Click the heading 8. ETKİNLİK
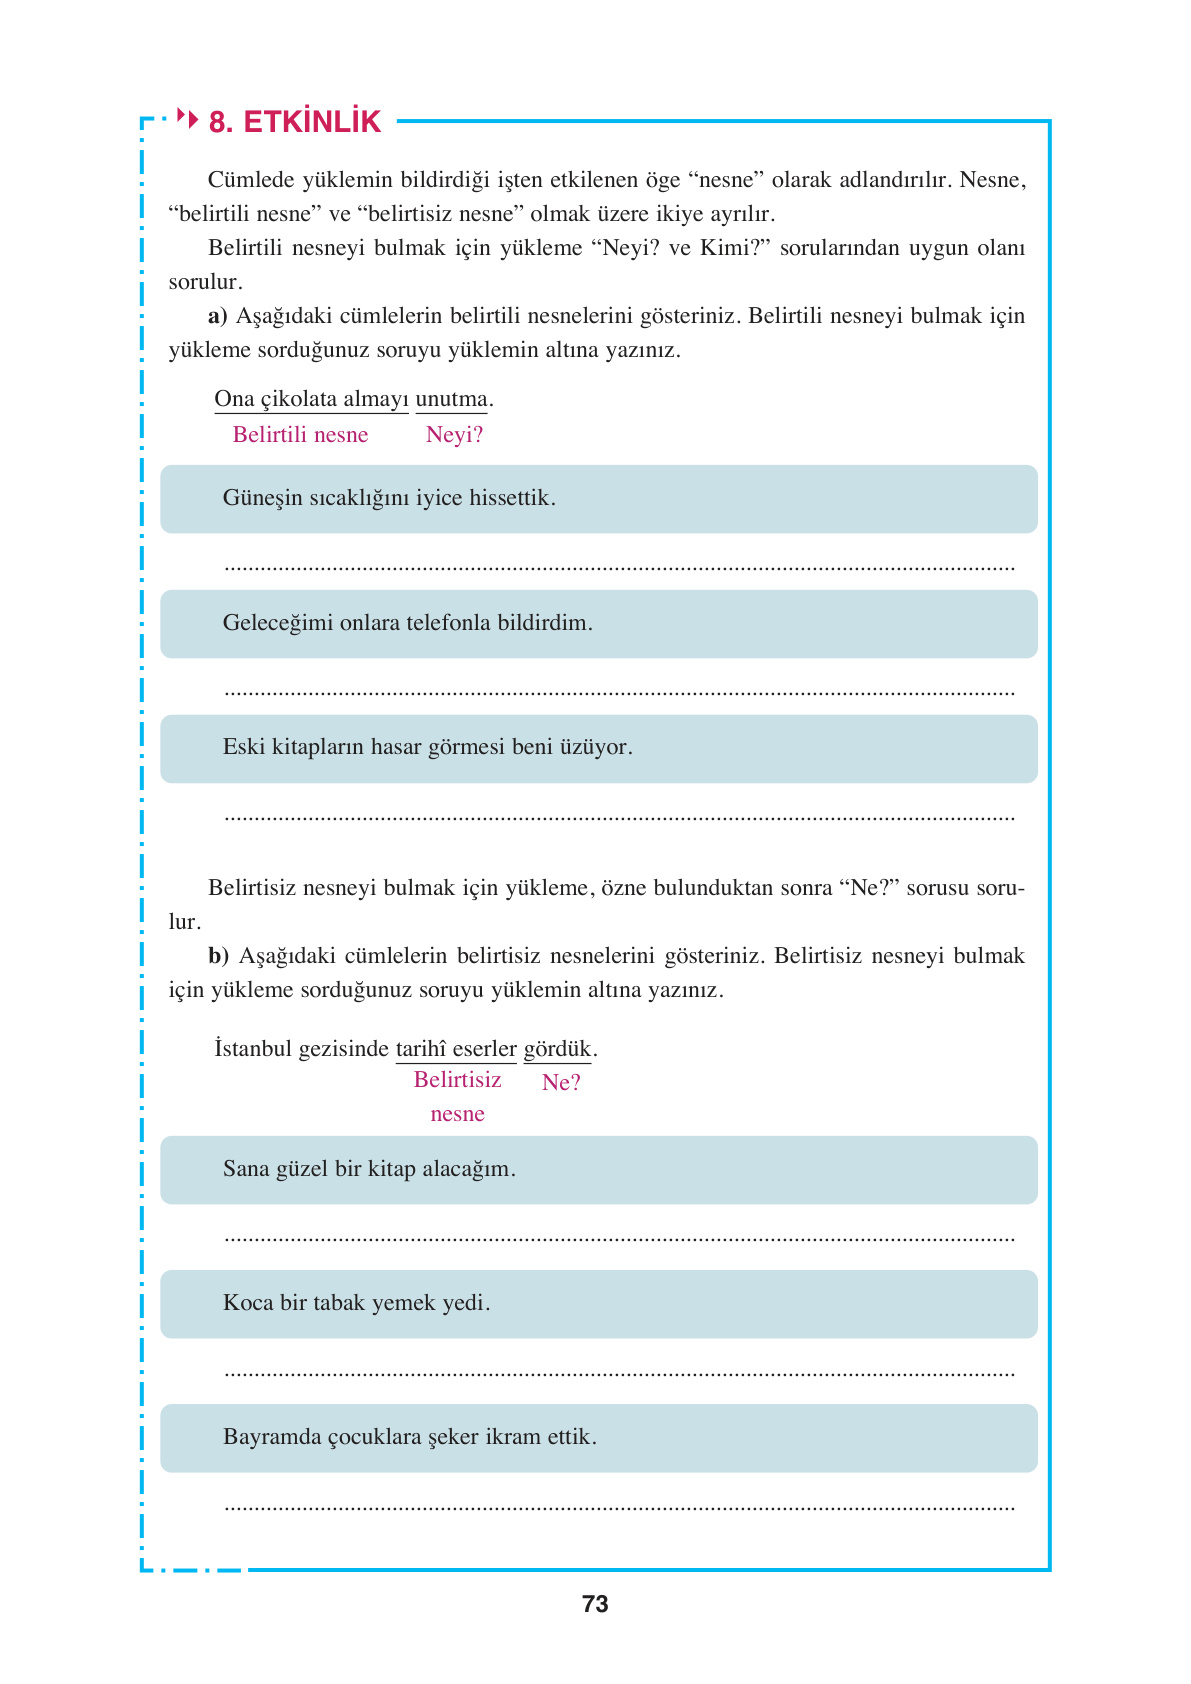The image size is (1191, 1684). tap(294, 122)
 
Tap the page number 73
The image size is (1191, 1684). tap(595, 1604)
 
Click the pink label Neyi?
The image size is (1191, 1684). tap(454, 435)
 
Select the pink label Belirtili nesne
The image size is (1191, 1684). tap(300, 435)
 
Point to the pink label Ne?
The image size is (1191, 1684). tap(561, 1083)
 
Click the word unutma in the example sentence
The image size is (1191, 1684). tap(452, 399)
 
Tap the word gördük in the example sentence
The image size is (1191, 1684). tap(558, 1049)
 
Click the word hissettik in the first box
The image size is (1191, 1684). tap(510, 498)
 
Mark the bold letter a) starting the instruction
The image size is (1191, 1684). tap(217, 317)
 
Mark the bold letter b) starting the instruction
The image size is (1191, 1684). tap(218, 956)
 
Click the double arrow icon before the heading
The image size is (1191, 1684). tap(187, 118)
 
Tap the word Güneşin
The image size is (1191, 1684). tap(262, 498)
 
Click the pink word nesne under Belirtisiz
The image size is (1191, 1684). tap(457, 1114)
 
